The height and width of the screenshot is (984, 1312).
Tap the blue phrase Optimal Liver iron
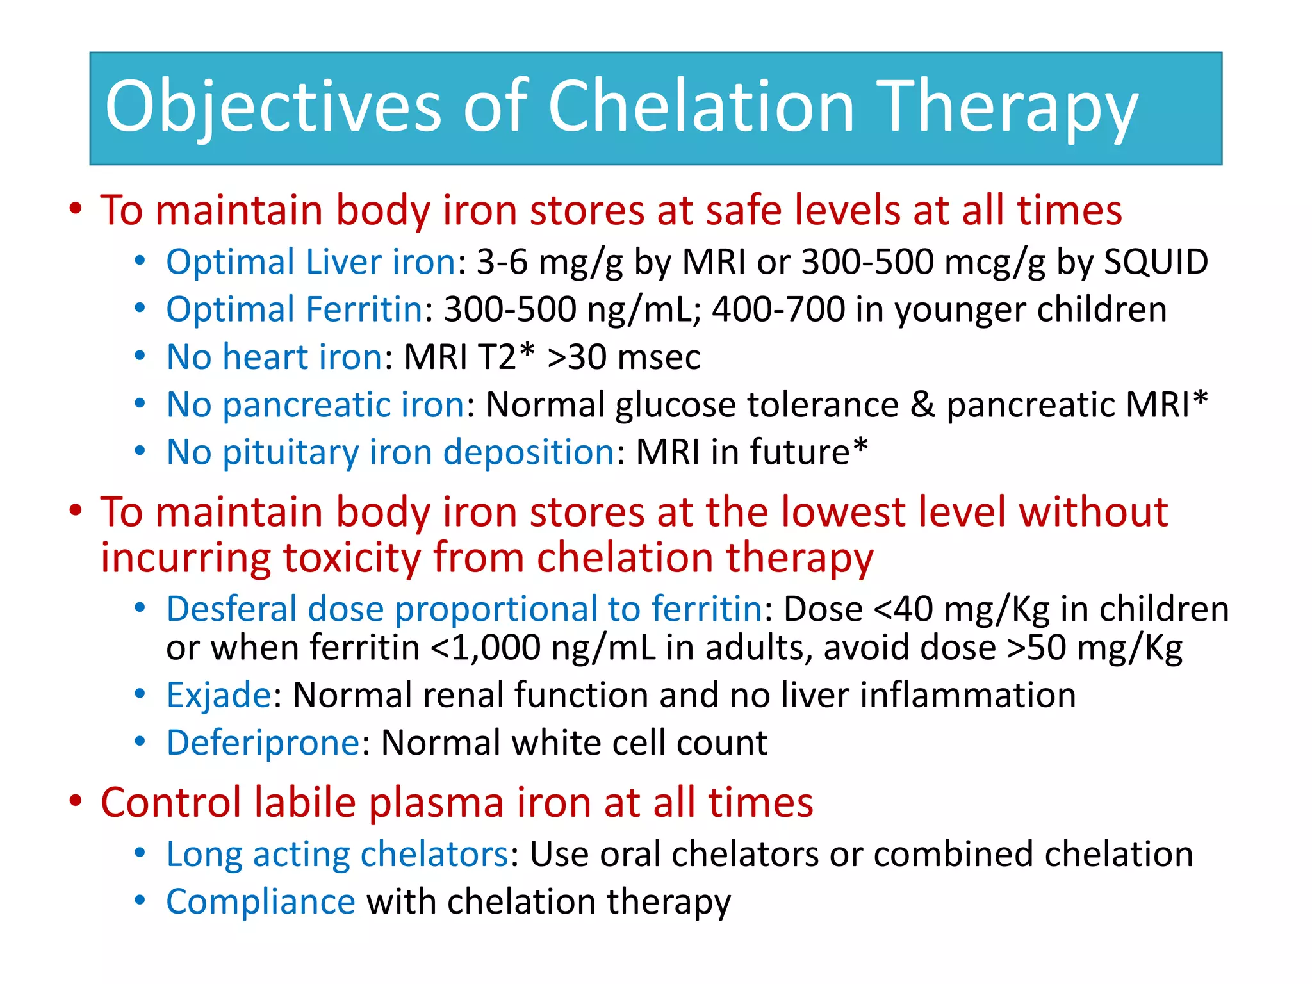point(311,262)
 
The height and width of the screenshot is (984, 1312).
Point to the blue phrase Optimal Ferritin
point(294,309)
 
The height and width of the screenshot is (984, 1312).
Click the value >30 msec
point(624,357)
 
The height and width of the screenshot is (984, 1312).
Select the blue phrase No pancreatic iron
point(316,405)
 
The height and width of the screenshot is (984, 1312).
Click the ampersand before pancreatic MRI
point(922,405)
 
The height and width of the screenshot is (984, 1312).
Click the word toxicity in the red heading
point(352,557)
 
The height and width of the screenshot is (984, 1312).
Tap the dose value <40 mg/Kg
point(962,609)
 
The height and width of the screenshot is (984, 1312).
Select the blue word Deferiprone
point(263,743)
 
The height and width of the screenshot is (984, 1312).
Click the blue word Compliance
point(260,902)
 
